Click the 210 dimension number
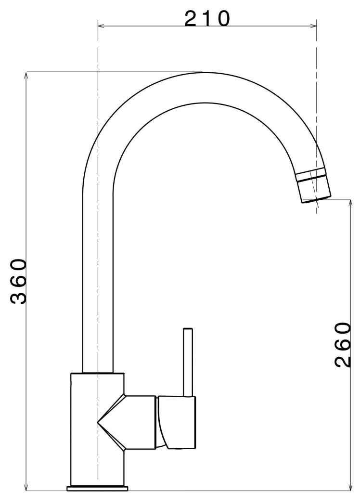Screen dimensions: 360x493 tap(207, 19)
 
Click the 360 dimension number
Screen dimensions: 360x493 tap(18, 281)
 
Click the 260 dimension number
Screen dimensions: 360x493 tap(342, 345)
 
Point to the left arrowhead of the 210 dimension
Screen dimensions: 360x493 tap(101, 26)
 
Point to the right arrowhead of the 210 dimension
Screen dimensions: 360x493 tap(313, 26)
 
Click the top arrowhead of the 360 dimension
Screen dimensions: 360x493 tap(26, 76)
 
